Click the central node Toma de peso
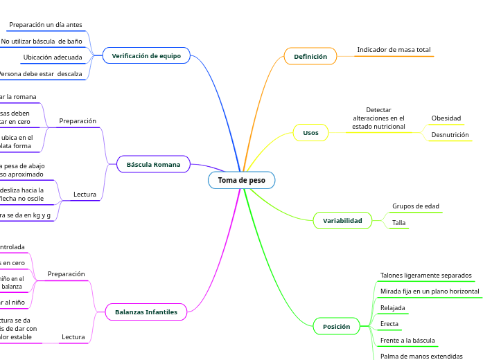pyautogui.click(x=241, y=180)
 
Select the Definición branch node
pyautogui.click(x=310, y=56)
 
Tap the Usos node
pyautogui.click(x=310, y=132)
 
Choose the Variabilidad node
pyautogui.click(x=342, y=220)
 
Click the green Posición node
pyautogui.click(x=337, y=325)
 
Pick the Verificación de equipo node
pyautogui.click(x=146, y=55)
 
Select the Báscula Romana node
pyautogui.click(x=153, y=164)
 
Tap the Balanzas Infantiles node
pyautogui.click(x=146, y=312)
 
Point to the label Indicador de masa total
pyautogui.click(x=394, y=50)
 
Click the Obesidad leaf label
pyautogui.click(x=446, y=118)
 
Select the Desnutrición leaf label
pyautogui.click(x=450, y=134)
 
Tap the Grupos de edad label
pyautogui.click(x=415, y=206)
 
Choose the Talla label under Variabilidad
pyautogui.click(x=398, y=222)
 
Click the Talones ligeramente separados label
pyautogui.click(x=425, y=275)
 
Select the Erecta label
pyautogui.click(x=389, y=323)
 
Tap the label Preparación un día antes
pyautogui.click(x=46, y=25)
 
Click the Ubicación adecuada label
pyautogui.click(x=53, y=57)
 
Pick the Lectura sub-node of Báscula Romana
pyautogui.click(x=85, y=195)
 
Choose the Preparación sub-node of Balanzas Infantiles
pyautogui.click(x=66, y=273)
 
